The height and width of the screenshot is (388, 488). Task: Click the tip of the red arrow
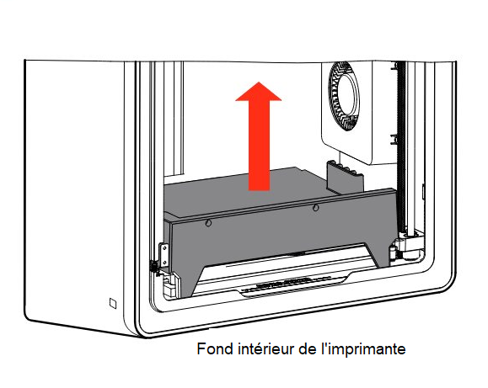click(x=259, y=82)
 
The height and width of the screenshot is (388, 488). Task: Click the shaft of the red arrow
click(x=259, y=146)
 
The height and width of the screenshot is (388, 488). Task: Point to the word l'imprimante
click(x=363, y=348)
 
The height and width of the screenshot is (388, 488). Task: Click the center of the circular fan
click(x=346, y=96)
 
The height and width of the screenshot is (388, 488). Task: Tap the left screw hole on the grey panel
click(x=208, y=223)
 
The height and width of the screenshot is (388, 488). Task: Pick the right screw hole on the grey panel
click(x=315, y=207)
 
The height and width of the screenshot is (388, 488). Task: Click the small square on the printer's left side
click(x=113, y=303)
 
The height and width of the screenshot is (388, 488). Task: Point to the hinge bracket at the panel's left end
click(x=164, y=256)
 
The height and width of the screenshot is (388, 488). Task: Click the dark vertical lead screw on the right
click(x=401, y=147)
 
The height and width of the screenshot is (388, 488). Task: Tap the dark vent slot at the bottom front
click(x=284, y=284)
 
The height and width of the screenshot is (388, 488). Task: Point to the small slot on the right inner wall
click(x=424, y=192)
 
